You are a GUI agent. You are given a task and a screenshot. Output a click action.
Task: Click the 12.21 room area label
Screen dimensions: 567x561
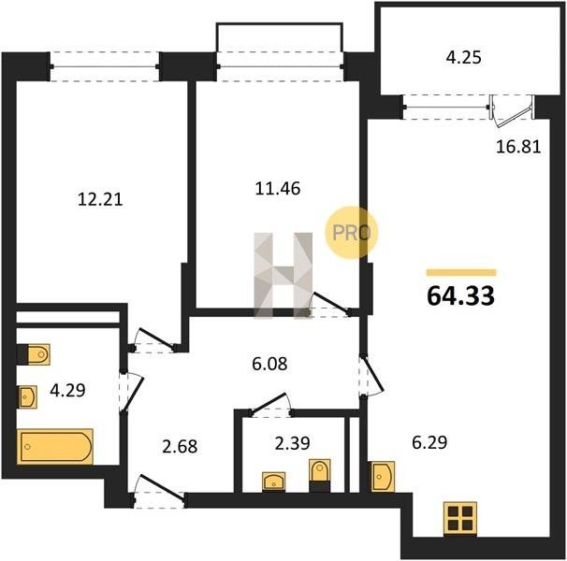pos(100,199)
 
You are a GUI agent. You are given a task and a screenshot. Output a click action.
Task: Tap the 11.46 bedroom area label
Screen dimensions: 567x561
pos(278,188)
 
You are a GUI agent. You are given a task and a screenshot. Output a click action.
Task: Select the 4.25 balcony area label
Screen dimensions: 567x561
pos(463,57)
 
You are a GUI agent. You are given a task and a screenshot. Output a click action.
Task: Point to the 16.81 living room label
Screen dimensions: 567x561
pos(518,147)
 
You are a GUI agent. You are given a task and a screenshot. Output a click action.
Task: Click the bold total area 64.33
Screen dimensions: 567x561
pos(460,295)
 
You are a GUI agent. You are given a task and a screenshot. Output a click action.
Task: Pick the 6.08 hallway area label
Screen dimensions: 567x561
pos(269,364)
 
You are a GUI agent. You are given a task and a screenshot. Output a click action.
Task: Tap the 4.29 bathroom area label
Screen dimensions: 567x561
pos(67,390)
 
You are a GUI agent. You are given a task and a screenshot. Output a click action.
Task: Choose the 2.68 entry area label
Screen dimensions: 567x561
pos(180,446)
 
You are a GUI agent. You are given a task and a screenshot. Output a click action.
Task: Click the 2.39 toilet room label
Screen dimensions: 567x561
pos(292,443)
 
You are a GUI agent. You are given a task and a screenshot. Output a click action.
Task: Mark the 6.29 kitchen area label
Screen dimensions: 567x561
pos(429,442)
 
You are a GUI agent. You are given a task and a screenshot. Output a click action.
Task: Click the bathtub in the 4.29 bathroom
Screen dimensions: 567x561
pos(55,446)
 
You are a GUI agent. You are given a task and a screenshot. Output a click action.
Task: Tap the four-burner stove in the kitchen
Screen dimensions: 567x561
pos(460,518)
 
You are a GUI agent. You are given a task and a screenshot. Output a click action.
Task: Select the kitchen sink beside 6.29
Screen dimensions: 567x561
pos(384,477)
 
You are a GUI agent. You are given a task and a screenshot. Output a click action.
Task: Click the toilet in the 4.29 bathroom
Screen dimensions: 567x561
pos(34,354)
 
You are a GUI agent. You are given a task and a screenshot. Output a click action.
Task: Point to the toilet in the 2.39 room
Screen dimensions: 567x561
pos(320,476)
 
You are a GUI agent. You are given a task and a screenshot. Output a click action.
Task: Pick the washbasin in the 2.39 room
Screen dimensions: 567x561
pos(274,482)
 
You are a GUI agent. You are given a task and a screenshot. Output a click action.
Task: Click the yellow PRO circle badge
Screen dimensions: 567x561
pos(351,233)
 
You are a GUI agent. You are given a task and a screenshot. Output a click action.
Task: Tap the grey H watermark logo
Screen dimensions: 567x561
pos(283,276)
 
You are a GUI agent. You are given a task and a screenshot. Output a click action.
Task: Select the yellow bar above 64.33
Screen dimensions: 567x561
pos(461,272)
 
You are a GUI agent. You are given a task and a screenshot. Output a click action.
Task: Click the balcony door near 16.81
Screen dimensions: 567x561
pos(511,111)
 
